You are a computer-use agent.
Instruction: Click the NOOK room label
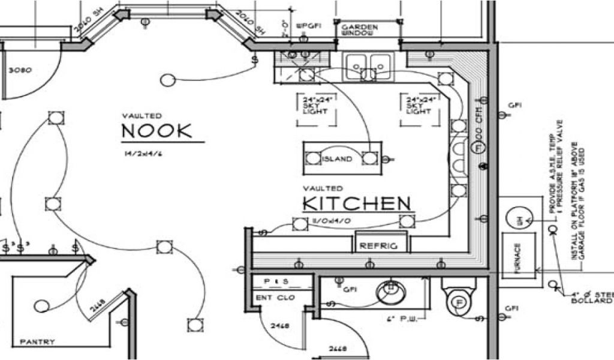(157, 131)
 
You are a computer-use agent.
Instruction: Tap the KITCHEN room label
(357, 203)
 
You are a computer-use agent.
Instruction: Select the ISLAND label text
(338, 159)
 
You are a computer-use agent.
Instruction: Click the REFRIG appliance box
(380, 245)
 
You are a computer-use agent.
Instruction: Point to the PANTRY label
(37, 342)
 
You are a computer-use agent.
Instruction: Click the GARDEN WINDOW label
(360, 30)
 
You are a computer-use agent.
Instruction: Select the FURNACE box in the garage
(517, 256)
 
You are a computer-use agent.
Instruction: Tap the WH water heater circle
(519, 220)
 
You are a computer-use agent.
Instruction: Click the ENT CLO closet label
(271, 297)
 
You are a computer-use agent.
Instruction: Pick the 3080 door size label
(20, 70)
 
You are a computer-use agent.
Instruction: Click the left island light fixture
(313, 158)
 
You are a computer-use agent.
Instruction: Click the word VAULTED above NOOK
(142, 116)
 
